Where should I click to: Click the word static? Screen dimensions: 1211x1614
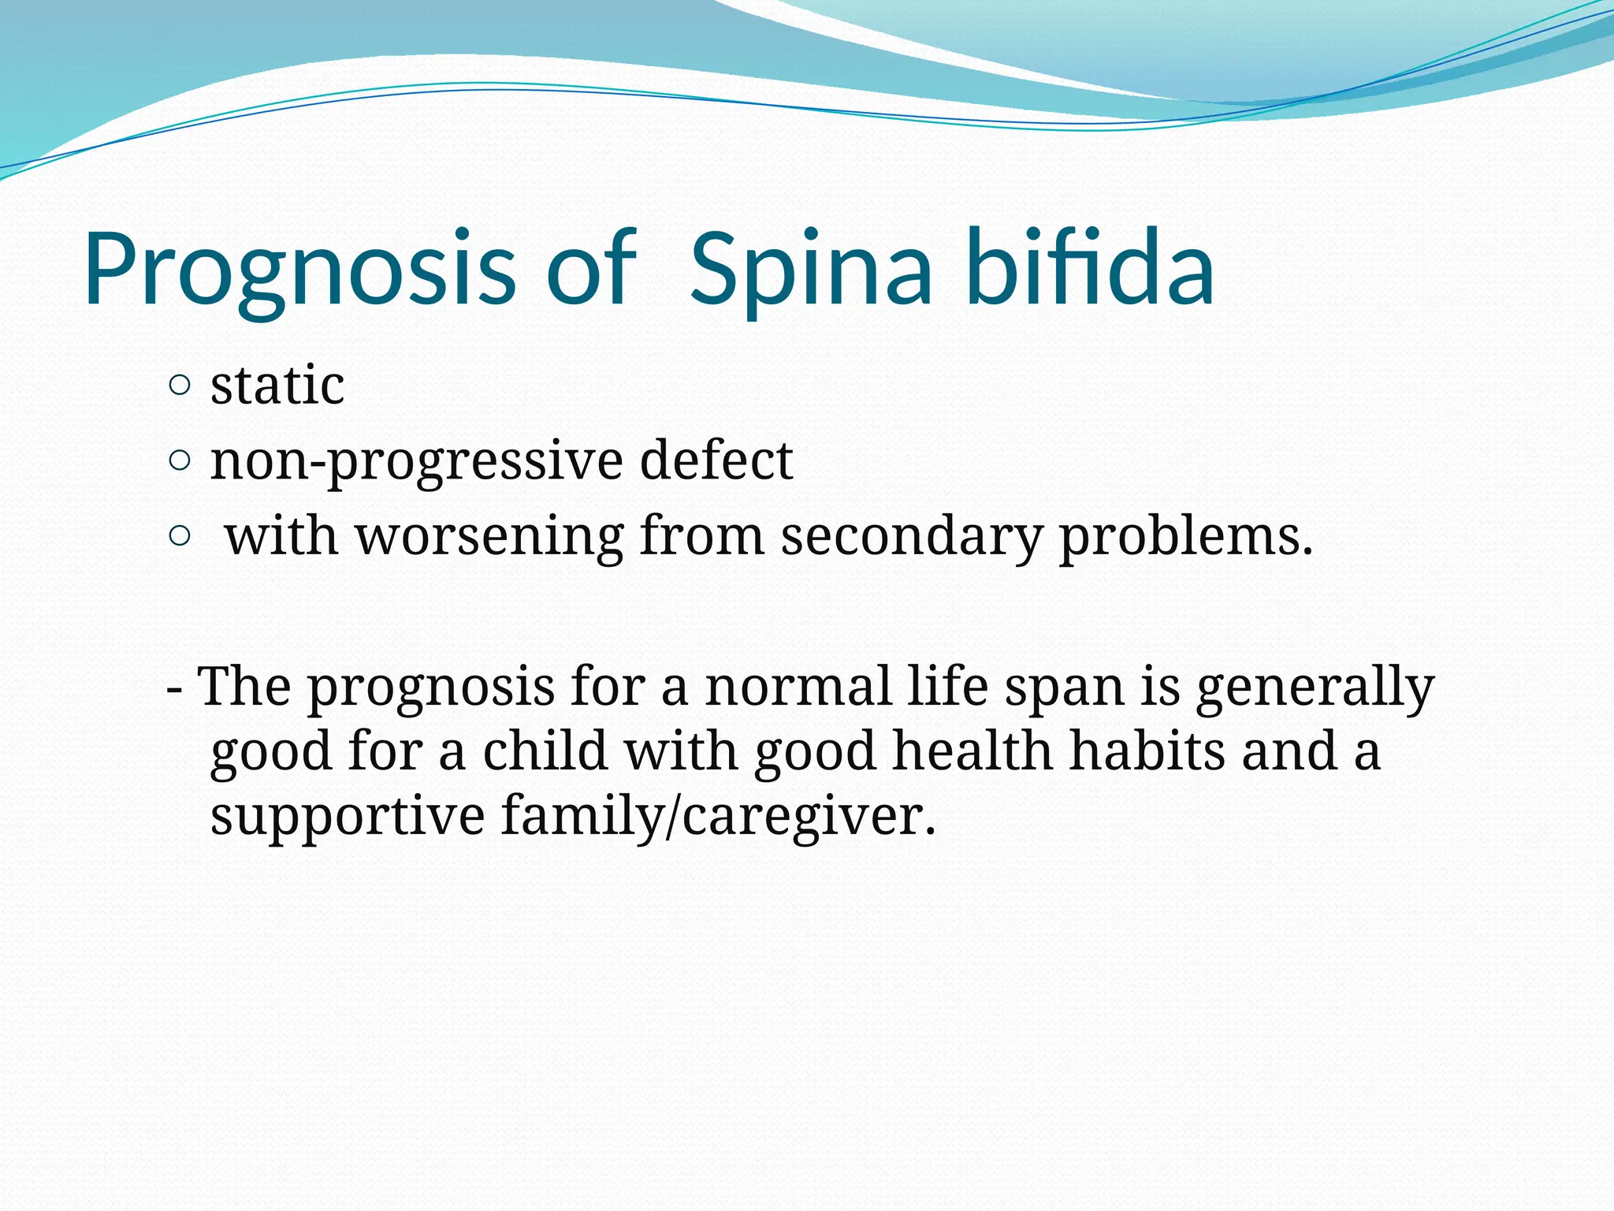coord(277,386)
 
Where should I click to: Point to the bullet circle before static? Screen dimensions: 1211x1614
coord(180,386)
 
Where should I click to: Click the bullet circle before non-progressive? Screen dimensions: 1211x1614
coord(180,461)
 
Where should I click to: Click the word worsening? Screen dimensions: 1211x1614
coord(489,537)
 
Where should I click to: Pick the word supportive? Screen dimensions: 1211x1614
coord(347,817)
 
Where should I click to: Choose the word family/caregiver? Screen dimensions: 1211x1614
coord(718,817)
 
